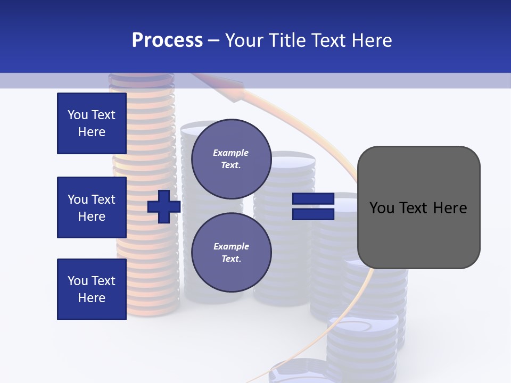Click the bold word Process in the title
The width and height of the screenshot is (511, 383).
pos(167,40)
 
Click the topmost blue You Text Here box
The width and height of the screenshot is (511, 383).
pos(92,123)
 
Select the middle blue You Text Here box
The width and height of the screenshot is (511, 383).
pos(92,207)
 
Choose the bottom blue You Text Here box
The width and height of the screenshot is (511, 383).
pos(92,289)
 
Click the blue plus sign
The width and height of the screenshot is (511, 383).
pos(164,206)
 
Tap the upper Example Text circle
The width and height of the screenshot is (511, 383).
pos(231,159)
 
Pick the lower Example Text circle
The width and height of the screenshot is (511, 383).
pos(231,252)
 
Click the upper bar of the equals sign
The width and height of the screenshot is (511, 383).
pos(313,199)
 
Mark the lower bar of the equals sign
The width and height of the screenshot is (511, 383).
pos(313,214)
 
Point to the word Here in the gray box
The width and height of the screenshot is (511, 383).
pos(450,208)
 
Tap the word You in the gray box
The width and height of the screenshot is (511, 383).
pos(382,208)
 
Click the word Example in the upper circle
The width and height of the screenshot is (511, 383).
pos(231,153)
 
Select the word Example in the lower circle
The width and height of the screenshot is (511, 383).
pos(231,246)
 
